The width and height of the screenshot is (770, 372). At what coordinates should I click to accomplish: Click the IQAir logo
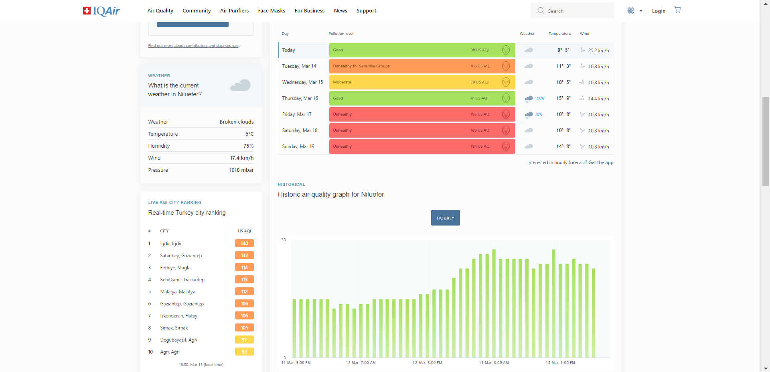101,11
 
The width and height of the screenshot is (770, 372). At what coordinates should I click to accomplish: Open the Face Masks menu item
272,11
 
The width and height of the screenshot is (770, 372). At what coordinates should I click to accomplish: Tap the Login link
659,11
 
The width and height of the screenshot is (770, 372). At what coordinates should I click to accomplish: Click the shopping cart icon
678,10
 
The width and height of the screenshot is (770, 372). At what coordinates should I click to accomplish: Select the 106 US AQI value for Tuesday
480,66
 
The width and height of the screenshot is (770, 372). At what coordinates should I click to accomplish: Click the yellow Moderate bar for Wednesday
401,82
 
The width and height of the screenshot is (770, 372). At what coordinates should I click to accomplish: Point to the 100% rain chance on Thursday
540,98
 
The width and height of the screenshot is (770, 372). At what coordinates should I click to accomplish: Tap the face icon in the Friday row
506,114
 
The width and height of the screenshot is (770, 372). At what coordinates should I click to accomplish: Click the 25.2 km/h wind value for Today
598,51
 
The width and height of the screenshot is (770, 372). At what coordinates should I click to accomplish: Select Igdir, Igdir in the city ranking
171,244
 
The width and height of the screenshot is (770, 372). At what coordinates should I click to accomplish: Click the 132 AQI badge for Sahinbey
244,256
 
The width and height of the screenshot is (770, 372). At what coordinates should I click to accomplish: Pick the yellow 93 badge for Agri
244,352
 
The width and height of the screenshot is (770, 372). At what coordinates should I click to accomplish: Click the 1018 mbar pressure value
241,170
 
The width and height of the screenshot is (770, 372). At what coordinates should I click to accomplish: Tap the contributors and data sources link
193,46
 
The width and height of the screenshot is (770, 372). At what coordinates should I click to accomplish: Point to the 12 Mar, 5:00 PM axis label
428,363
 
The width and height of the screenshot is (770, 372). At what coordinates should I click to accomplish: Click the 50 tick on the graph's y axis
284,240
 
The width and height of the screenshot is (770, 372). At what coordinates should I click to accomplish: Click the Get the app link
601,163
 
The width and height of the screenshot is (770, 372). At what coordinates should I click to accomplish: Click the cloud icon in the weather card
240,85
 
